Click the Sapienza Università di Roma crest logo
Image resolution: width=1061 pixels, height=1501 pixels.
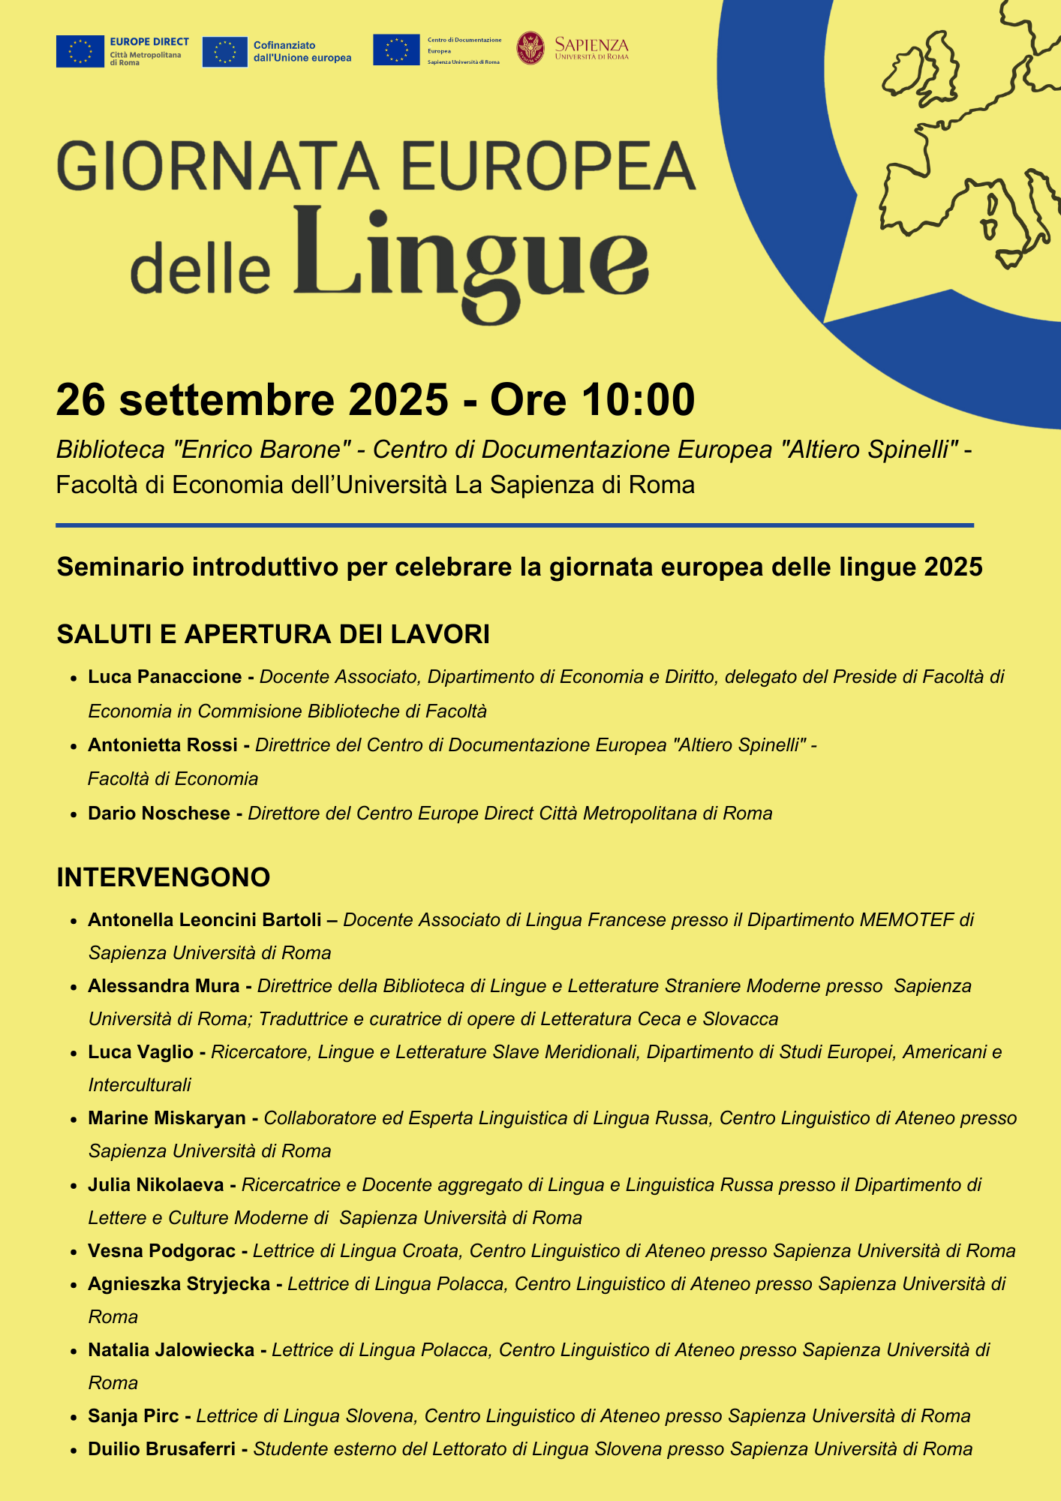pyautogui.click(x=530, y=48)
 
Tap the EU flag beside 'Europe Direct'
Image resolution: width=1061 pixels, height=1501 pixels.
pyautogui.click(x=80, y=51)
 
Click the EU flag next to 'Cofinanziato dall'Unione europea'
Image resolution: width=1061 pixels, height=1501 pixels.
pyautogui.click(x=224, y=52)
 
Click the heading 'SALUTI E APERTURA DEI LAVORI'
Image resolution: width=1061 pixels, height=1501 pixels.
pyautogui.click(x=273, y=634)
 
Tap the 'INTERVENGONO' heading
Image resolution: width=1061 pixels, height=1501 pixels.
pyautogui.click(x=164, y=877)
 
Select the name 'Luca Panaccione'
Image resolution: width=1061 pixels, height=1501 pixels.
pyautogui.click(x=165, y=677)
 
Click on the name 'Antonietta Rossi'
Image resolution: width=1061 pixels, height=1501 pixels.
pyautogui.click(x=162, y=745)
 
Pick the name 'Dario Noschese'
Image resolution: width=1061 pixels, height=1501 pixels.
pyautogui.click(x=159, y=814)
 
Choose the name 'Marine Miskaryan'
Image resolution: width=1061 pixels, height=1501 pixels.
pyautogui.click(x=167, y=1118)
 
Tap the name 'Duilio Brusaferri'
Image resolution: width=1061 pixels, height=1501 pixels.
pyautogui.click(x=161, y=1449)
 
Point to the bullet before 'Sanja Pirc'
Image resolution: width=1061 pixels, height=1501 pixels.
pyautogui.click(x=74, y=1417)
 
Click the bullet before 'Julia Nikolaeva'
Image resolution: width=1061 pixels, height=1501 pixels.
pyautogui.click(x=74, y=1186)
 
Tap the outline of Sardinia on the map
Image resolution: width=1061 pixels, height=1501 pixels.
pyautogui.click(x=991, y=215)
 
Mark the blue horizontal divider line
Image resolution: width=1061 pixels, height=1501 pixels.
pyautogui.click(x=515, y=525)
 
